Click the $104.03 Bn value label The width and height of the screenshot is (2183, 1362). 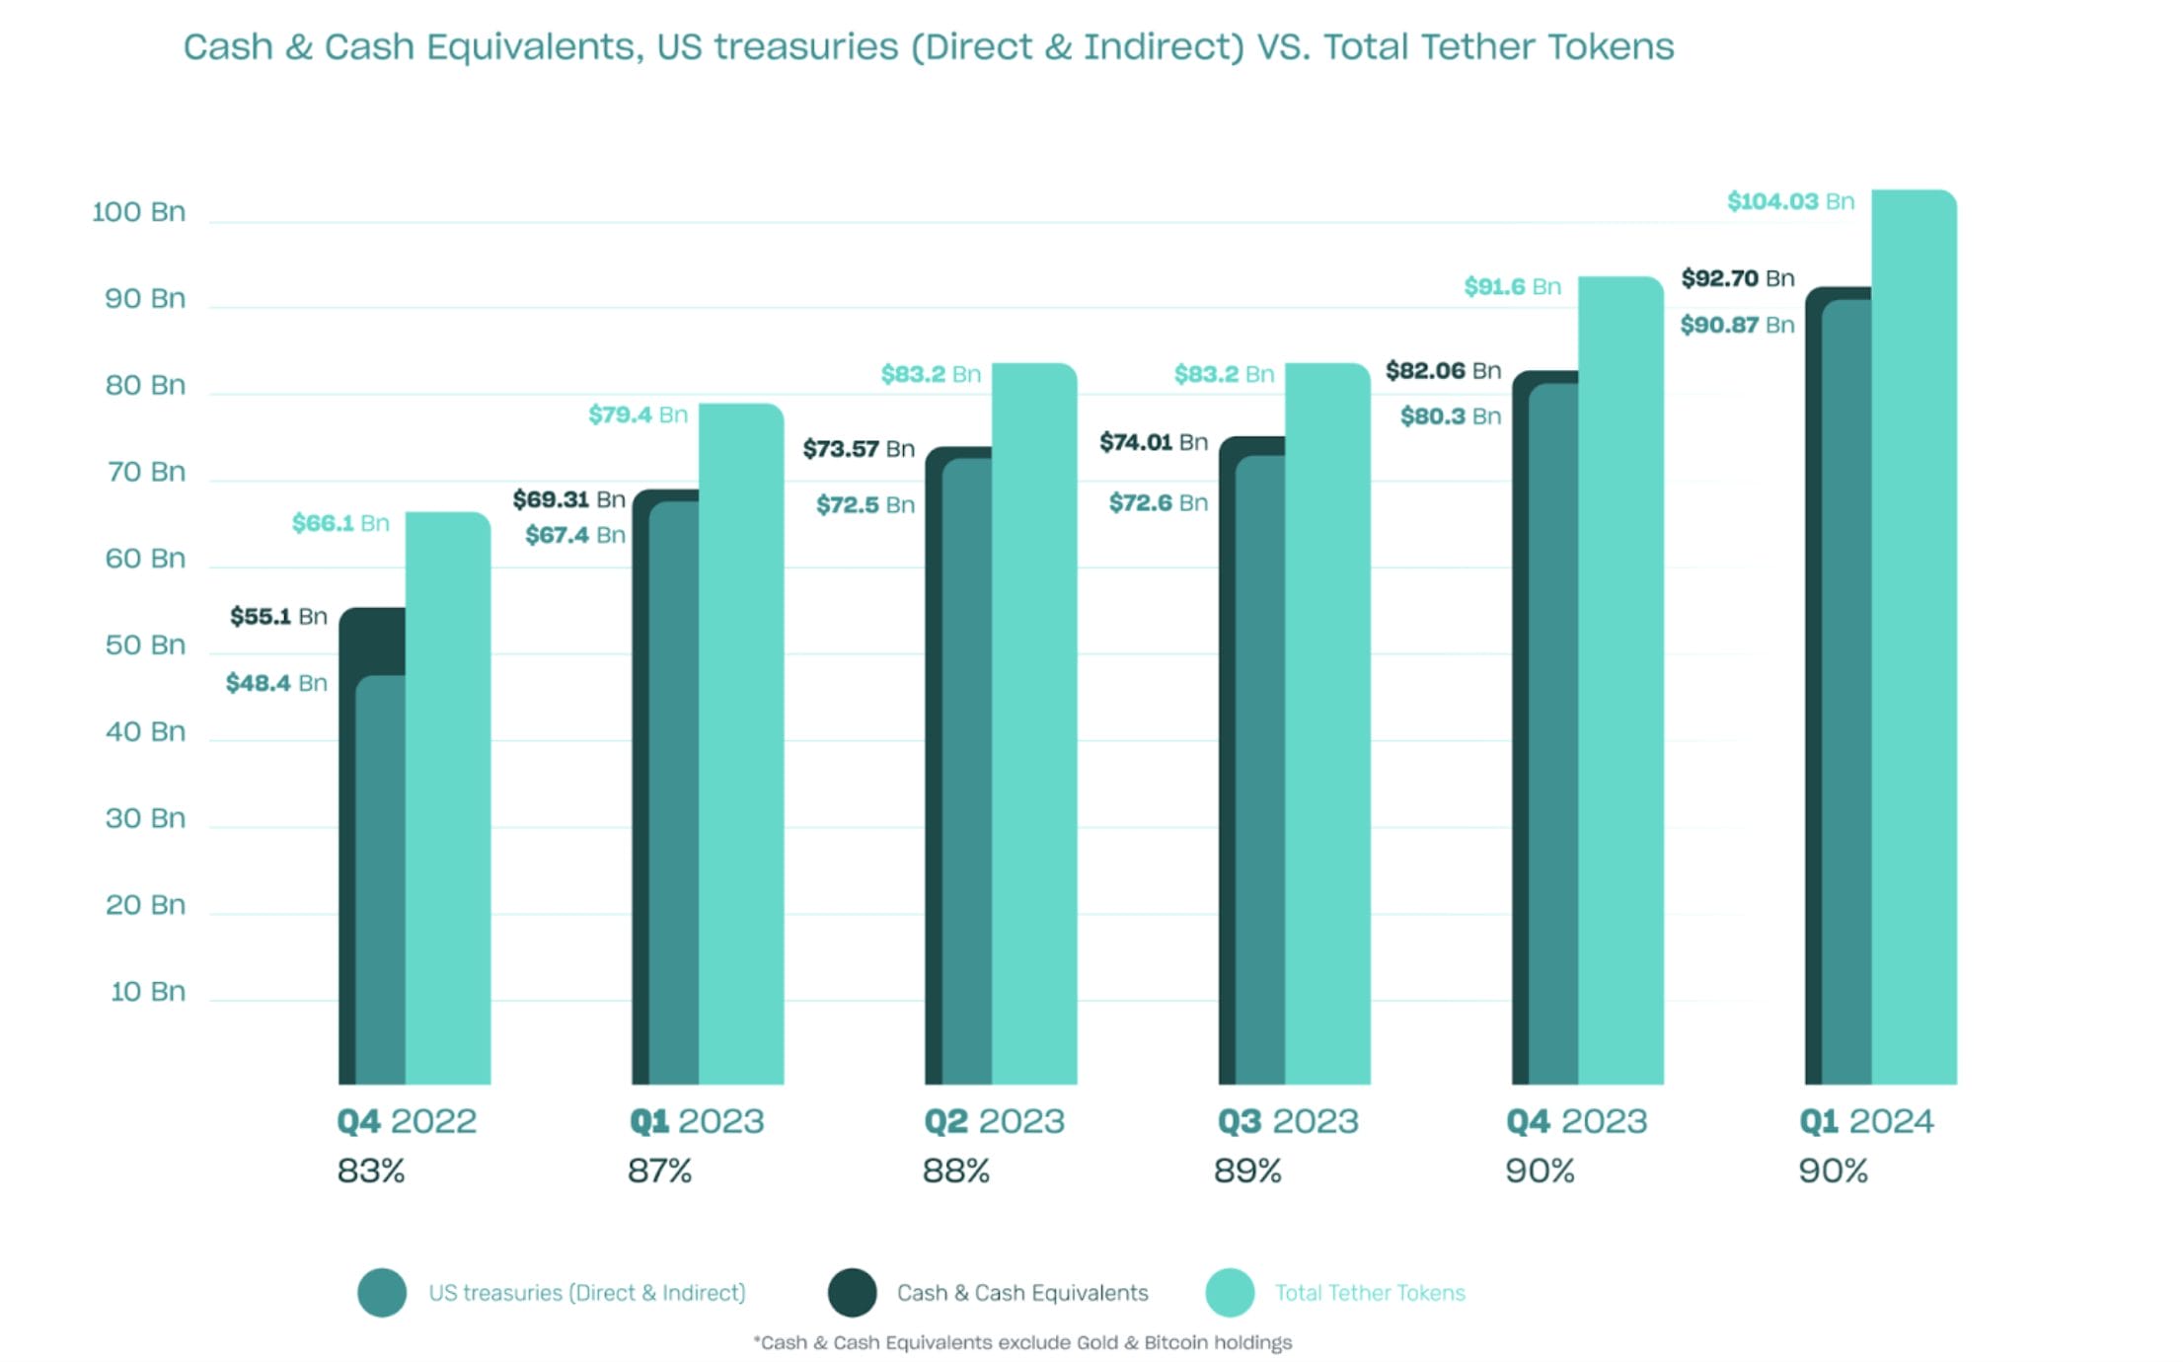(1789, 201)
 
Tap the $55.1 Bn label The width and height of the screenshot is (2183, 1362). (278, 617)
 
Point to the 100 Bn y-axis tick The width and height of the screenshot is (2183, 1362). (138, 212)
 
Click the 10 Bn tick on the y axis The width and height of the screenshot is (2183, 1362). (147, 991)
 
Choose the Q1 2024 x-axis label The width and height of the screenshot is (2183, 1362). (1865, 1121)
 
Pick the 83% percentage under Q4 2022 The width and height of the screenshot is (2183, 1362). (371, 1172)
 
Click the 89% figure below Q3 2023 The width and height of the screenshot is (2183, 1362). (1247, 1172)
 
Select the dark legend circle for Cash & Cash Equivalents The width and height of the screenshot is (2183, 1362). (852, 1292)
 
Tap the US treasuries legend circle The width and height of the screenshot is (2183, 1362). (382, 1292)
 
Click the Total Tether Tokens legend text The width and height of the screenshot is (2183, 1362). (1369, 1293)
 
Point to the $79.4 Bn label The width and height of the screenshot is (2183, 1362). (638, 415)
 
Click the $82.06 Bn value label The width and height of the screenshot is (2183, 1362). (1443, 371)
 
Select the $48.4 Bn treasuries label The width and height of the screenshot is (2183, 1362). (276, 683)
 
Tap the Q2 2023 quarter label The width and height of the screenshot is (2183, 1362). (994, 1121)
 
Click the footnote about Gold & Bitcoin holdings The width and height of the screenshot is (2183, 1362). (1022, 1342)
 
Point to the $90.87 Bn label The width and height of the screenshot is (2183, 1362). (1737, 325)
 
